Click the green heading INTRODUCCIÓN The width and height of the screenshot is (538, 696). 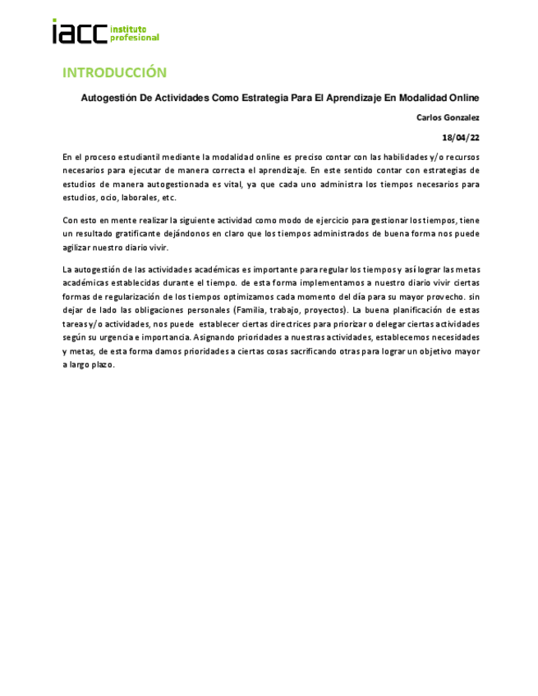tap(115, 72)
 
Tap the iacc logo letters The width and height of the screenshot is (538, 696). tap(80, 32)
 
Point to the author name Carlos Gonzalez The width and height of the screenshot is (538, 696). tap(448, 118)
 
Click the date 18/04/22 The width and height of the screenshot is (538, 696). tap(461, 138)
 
